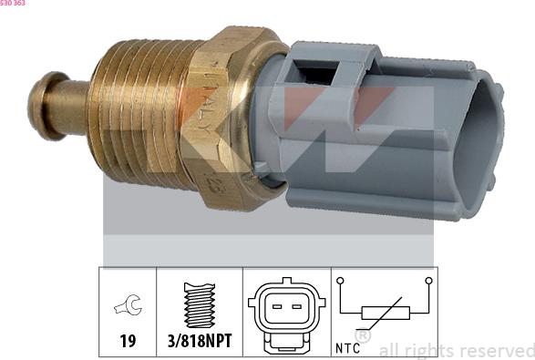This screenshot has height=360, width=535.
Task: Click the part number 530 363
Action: tap(14, 4)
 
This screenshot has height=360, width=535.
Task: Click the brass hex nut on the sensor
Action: tap(228, 114)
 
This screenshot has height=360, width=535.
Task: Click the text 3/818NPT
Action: tap(199, 341)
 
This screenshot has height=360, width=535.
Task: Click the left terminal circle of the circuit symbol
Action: tap(340, 281)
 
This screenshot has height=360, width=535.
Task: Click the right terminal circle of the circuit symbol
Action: tap(427, 281)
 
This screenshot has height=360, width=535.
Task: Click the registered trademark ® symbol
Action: tap(363, 337)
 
